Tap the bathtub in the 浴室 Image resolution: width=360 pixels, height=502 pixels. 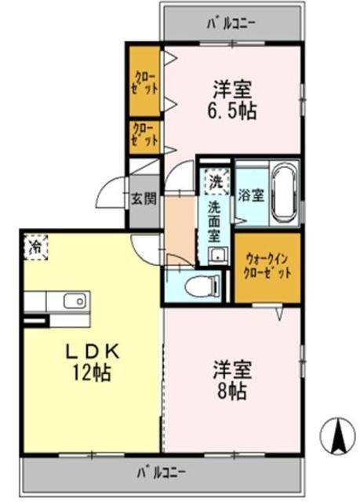(x=283, y=192)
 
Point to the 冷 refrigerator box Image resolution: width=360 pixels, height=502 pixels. (x=35, y=247)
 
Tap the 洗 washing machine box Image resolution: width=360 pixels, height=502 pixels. (x=214, y=180)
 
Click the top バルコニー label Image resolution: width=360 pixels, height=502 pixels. (x=232, y=23)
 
